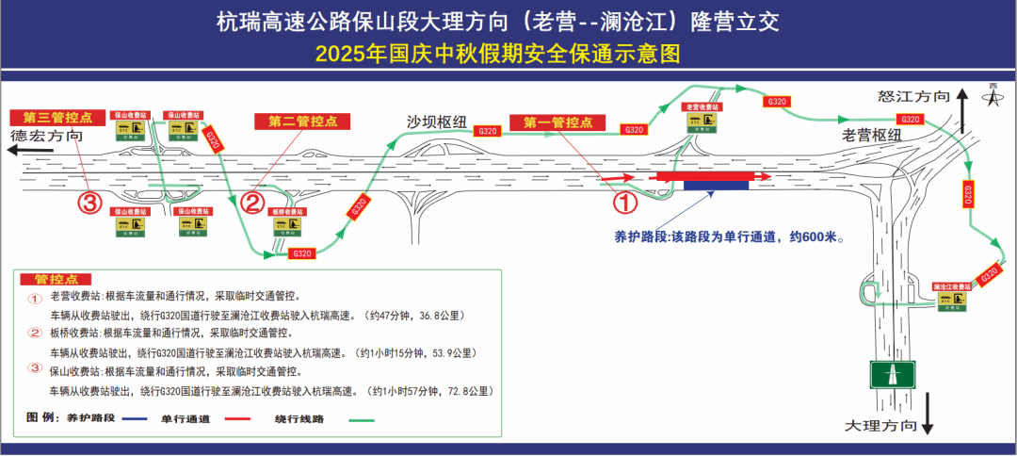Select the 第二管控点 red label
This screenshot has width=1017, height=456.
tap(302, 122)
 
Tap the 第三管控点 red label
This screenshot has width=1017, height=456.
tap(51, 118)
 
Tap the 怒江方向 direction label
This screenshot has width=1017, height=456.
tap(912, 96)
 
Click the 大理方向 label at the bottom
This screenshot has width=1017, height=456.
tap(881, 426)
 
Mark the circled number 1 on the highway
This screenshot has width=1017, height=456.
tap(626, 201)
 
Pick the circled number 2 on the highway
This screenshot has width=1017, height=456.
tap(251, 203)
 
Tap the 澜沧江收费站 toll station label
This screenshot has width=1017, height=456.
tap(951, 285)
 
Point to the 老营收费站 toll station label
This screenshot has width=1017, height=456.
tap(700, 107)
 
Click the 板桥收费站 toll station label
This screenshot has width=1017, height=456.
tap(289, 214)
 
